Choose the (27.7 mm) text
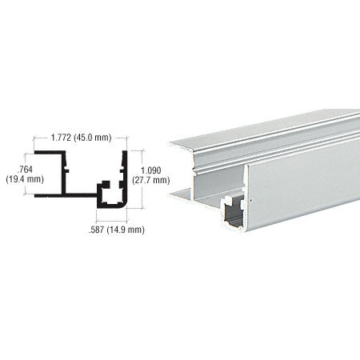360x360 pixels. coord(154,180)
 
